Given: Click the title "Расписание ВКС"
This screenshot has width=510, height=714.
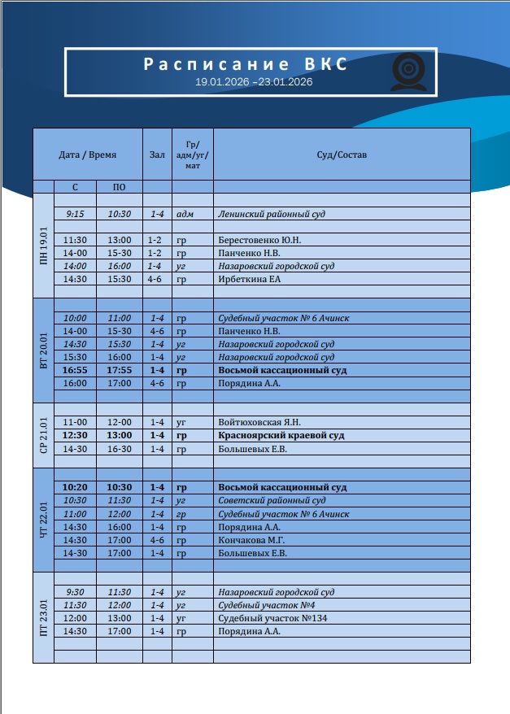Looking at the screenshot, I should coord(245,65).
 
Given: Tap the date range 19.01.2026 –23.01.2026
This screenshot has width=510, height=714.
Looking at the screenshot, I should coord(254,82).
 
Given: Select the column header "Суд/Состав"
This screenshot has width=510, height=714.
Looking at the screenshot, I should coord(342,155).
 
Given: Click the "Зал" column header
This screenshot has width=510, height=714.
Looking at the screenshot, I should coord(157,155).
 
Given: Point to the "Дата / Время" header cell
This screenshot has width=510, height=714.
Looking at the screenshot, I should coord(88,155).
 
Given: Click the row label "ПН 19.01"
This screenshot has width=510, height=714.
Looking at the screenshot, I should coord(43,246).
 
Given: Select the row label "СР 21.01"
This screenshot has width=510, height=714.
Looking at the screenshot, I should coord(43,436).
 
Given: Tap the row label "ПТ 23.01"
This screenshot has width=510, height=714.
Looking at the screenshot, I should coord(43,618).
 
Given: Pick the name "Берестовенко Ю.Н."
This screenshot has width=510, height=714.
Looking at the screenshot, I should coord(259,240).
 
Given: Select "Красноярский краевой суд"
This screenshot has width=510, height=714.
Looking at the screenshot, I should coord(281,435).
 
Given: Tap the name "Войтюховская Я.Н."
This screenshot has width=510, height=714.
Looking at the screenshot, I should coord(259,422).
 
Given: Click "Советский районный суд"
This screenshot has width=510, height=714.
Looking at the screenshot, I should coord(272,500).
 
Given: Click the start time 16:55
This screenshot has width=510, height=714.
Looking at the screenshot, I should coord(75,370).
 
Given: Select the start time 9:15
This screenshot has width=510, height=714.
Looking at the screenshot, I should coord(75,214).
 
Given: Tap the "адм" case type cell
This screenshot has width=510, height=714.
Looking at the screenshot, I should coord(185,214).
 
